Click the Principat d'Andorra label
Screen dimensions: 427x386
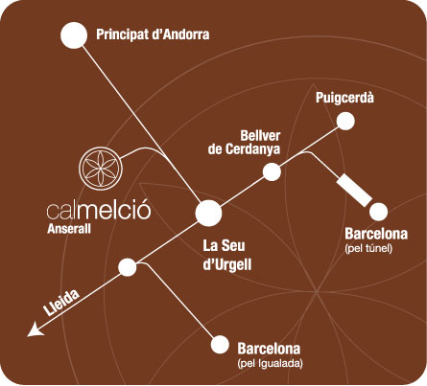tap(153, 34)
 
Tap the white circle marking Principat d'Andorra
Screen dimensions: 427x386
tap(74, 35)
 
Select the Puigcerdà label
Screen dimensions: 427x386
tap(344, 98)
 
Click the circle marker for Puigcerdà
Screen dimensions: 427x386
tap(345, 122)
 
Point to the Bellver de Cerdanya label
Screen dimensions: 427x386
tap(244, 143)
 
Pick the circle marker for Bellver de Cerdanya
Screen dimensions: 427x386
tap(272, 171)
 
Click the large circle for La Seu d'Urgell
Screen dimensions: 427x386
tap(208, 214)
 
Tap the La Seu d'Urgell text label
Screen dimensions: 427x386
tap(227, 255)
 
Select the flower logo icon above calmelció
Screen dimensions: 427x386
tap(101, 167)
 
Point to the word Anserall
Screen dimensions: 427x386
tap(69, 229)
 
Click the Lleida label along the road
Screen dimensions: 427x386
tap(61, 303)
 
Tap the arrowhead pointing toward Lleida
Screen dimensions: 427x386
tap(35, 329)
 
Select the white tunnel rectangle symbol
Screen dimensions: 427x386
tap(354, 191)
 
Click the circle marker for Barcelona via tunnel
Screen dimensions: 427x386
tap(379, 212)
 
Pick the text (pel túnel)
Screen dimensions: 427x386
tap(368, 248)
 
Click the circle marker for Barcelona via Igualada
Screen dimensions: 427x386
tap(220, 345)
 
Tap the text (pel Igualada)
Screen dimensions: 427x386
tap(271, 363)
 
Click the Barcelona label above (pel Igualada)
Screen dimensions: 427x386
tap(269, 349)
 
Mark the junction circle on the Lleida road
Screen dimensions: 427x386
tap(128, 267)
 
